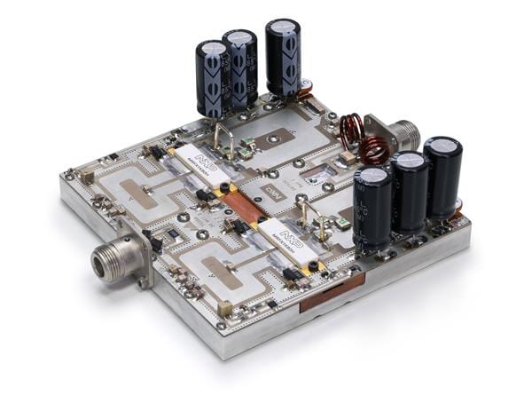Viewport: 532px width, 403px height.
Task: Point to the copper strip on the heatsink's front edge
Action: pyautogui.click(x=332, y=292)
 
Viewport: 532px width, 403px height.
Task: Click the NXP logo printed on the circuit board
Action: pyautogui.click(x=274, y=192)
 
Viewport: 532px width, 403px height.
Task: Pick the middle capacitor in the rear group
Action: pyautogui.click(x=240, y=67)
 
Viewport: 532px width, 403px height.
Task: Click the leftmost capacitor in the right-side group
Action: pyautogui.click(x=372, y=208)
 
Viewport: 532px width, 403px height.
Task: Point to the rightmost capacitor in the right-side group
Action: pyautogui.click(x=442, y=177)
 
